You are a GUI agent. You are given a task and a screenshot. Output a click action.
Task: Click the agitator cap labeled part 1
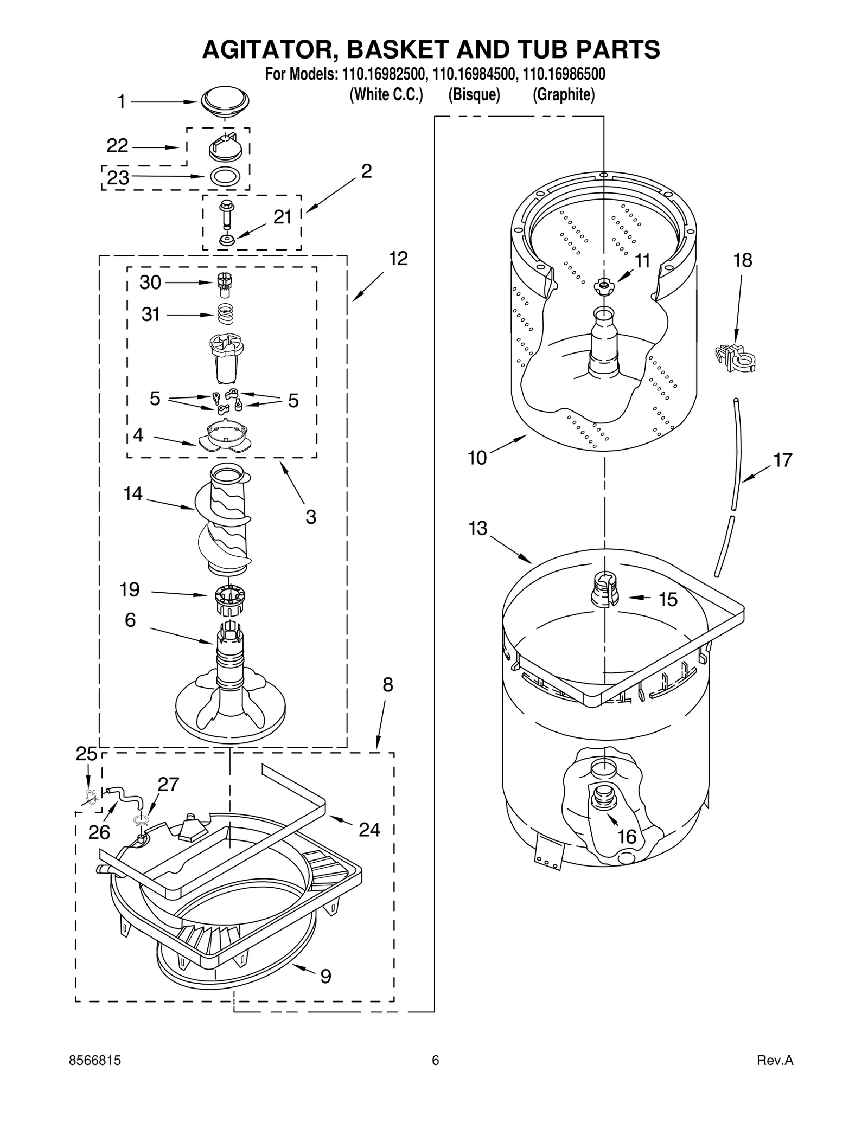[x=225, y=101]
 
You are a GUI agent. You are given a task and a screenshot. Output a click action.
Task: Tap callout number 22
[x=117, y=146]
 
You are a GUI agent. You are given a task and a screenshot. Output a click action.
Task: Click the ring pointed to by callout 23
[x=225, y=176]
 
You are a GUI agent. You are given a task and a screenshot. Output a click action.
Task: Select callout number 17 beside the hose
[x=782, y=460]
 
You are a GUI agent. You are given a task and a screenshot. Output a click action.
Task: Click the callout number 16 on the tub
[x=627, y=837]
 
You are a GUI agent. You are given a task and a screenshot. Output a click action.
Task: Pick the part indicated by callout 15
[x=603, y=588]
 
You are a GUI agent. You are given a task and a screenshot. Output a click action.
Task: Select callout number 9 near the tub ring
[x=325, y=977]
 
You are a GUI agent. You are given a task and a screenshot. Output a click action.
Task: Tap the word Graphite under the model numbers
[x=564, y=95]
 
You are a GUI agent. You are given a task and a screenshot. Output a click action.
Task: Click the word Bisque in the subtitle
[x=474, y=95]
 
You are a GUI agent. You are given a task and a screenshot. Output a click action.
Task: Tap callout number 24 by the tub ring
[x=369, y=830]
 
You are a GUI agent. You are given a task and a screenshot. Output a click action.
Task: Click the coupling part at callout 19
[x=228, y=600]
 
